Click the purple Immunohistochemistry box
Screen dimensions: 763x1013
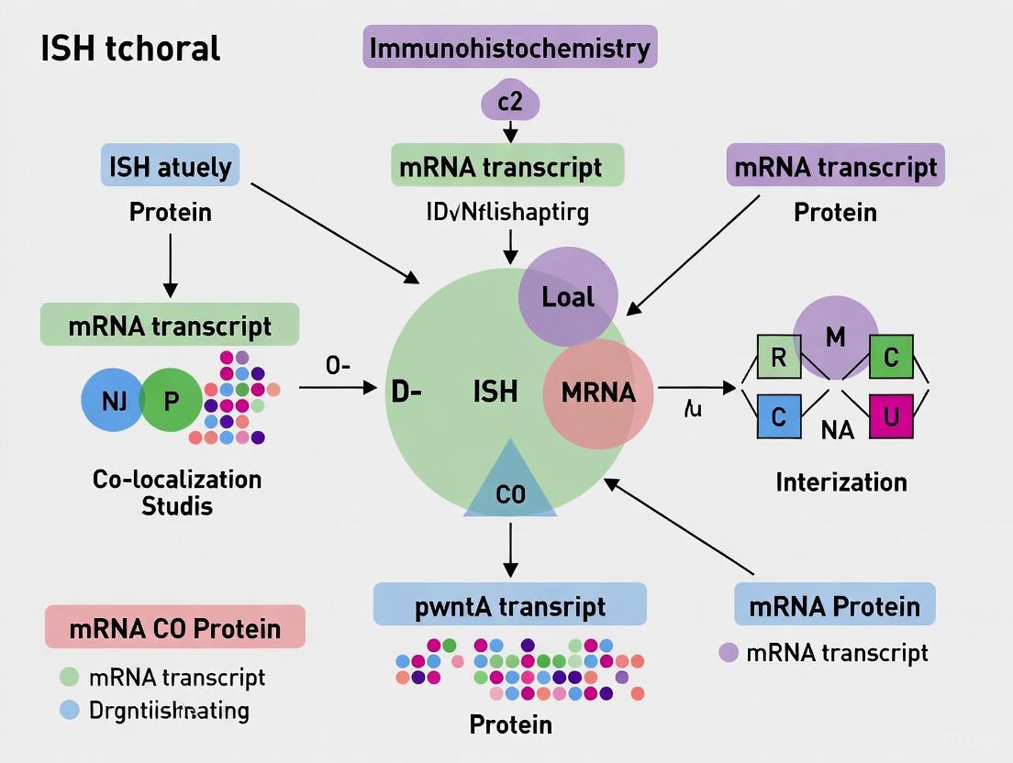pyautogui.click(x=510, y=47)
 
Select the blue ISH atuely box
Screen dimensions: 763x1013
pyautogui.click(x=170, y=167)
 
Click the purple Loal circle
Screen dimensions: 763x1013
pyautogui.click(x=568, y=295)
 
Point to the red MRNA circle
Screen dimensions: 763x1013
pyautogui.click(x=598, y=393)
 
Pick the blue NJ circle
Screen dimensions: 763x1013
pyautogui.click(x=114, y=399)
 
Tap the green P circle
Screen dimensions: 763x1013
pyautogui.click(x=172, y=399)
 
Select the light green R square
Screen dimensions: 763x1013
pyautogui.click(x=779, y=358)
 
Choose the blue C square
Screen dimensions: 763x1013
pyautogui.click(x=779, y=416)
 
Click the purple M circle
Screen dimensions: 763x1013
pyautogui.click(x=835, y=337)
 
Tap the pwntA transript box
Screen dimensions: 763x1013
pyautogui.click(x=510, y=606)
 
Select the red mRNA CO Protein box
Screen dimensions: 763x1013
pyautogui.click(x=175, y=628)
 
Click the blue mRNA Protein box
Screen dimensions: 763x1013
pyautogui.click(x=834, y=606)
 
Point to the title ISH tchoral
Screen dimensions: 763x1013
pyautogui.click(x=131, y=48)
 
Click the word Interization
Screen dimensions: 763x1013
pyautogui.click(x=840, y=481)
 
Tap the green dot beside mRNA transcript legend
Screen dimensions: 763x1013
pyautogui.click(x=69, y=678)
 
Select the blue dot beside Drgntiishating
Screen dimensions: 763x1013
pyautogui.click(x=69, y=710)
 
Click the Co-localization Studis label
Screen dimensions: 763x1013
pyautogui.click(x=177, y=492)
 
